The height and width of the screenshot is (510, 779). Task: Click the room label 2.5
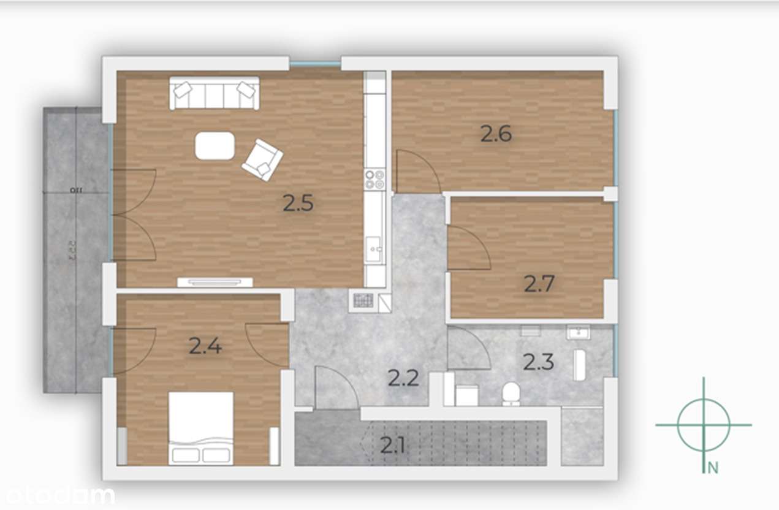point(298,203)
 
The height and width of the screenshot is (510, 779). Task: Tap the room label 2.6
point(495,134)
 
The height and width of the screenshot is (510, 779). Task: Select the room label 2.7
point(539,283)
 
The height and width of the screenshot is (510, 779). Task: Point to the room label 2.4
point(205,346)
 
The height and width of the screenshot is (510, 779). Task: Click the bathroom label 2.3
point(538,362)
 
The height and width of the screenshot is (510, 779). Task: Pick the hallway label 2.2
point(403,378)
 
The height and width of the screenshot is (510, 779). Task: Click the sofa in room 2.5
point(214,93)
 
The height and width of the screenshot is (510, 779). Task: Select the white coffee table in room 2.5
point(215,146)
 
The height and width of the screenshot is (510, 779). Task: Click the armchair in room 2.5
point(263,159)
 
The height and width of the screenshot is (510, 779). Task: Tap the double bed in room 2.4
point(201,428)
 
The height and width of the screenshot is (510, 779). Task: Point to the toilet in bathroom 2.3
point(511,394)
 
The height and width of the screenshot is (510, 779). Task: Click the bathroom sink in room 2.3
point(577,333)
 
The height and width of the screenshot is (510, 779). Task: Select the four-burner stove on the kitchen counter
point(374,179)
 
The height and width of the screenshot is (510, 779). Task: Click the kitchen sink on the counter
point(374,248)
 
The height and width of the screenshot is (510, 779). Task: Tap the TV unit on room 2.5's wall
point(215,282)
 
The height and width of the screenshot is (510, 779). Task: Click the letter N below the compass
point(712,468)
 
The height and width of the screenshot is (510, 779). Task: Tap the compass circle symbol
point(704,424)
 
